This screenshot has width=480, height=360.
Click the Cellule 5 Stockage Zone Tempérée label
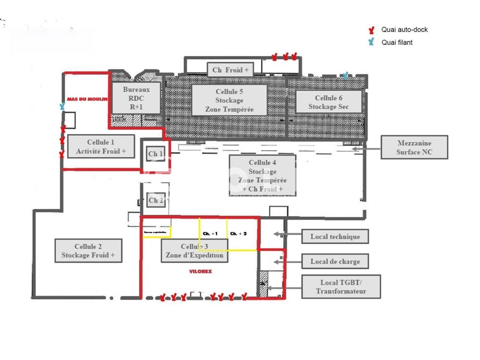tap(229, 100)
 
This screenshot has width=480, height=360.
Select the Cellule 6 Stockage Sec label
tap(328, 102)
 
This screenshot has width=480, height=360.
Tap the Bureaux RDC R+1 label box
tap(136, 98)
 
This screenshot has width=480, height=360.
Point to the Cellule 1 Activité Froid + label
tap(100, 147)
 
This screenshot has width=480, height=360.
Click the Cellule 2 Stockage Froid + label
tap(88, 251)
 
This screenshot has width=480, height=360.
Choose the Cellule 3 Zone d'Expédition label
tap(194, 251)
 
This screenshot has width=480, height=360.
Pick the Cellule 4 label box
tap(262, 175)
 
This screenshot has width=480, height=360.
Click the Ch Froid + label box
tap(230, 70)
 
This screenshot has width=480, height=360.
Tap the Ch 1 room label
tap(155, 153)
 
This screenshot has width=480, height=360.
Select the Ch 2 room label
tap(156, 200)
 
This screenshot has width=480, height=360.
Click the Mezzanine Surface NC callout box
tap(414, 147)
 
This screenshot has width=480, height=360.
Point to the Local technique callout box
tap(335, 237)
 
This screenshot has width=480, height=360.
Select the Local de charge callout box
tap(335, 261)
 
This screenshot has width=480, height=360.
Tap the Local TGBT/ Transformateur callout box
tap(341, 286)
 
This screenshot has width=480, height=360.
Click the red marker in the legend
tap(372, 30)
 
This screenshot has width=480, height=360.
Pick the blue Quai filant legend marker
tap(371, 42)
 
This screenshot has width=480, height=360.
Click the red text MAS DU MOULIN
tap(87, 99)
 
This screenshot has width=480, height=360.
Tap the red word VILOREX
tap(200, 271)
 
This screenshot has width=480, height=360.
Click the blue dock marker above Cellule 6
tap(345, 76)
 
